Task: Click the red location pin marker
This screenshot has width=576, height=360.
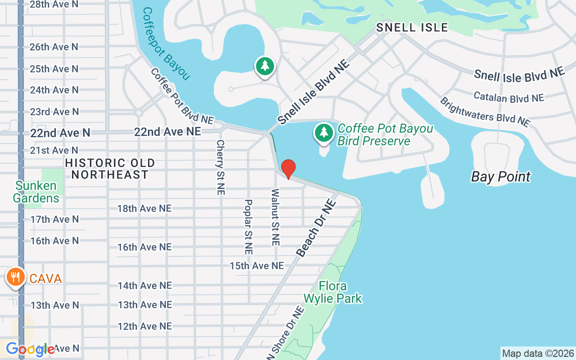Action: (x=288, y=169)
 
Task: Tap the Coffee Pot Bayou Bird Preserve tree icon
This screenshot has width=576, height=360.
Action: (x=324, y=133)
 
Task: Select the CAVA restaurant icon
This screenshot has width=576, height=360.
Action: (x=16, y=277)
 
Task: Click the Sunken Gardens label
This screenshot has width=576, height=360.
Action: (x=36, y=192)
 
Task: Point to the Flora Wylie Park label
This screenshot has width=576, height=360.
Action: (x=333, y=292)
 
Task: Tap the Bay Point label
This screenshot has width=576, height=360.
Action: (x=501, y=177)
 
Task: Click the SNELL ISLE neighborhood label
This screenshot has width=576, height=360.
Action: (x=412, y=27)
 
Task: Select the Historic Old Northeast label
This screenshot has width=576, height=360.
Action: (x=110, y=169)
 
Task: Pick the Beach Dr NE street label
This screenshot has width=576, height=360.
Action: (x=316, y=228)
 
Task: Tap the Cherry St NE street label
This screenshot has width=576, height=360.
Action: (x=220, y=167)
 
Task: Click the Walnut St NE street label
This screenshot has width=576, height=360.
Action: (x=275, y=217)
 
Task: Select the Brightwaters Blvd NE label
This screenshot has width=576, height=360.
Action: (x=485, y=112)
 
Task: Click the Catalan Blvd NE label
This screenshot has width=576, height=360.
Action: (x=508, y=97)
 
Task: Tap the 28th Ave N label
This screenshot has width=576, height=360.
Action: (x=54, y=4)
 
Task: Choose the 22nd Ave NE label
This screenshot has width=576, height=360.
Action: (x=167, y=131)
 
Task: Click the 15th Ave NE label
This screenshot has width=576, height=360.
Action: (x=257, y=266)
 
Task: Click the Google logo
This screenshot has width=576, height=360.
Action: (x=30, y=349)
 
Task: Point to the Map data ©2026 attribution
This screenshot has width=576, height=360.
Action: (x=538, y=353)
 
